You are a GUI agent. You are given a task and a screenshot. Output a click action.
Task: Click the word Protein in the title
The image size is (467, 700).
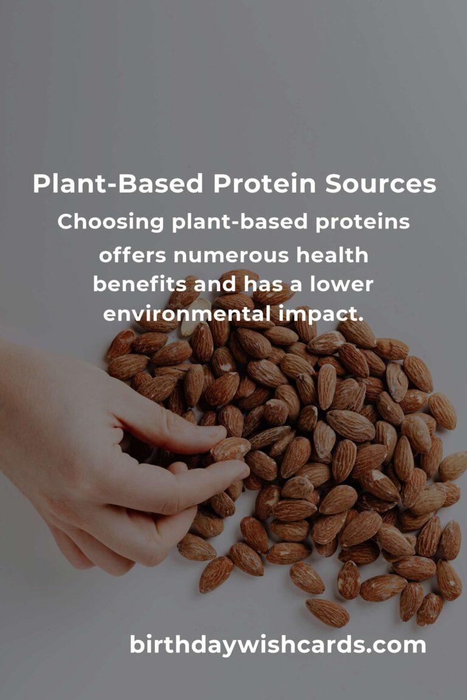264,184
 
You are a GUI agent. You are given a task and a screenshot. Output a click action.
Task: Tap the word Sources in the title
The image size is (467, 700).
380,184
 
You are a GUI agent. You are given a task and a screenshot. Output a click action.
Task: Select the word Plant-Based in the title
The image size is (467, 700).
118,184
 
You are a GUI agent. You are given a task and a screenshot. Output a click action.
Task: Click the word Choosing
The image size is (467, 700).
111,222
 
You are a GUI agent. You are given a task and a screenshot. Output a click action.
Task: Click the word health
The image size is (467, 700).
332,255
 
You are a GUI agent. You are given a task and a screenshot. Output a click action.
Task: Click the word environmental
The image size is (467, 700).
187,313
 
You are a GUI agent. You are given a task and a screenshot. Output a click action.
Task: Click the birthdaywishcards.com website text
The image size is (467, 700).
277,645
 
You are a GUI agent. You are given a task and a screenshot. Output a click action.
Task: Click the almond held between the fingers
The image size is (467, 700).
230,448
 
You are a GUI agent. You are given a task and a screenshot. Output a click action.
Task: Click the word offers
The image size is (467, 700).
133,255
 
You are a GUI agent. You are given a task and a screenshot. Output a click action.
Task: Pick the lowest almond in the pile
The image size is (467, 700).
327,612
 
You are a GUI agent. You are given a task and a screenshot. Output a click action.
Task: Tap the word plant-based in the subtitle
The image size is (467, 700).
240,222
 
